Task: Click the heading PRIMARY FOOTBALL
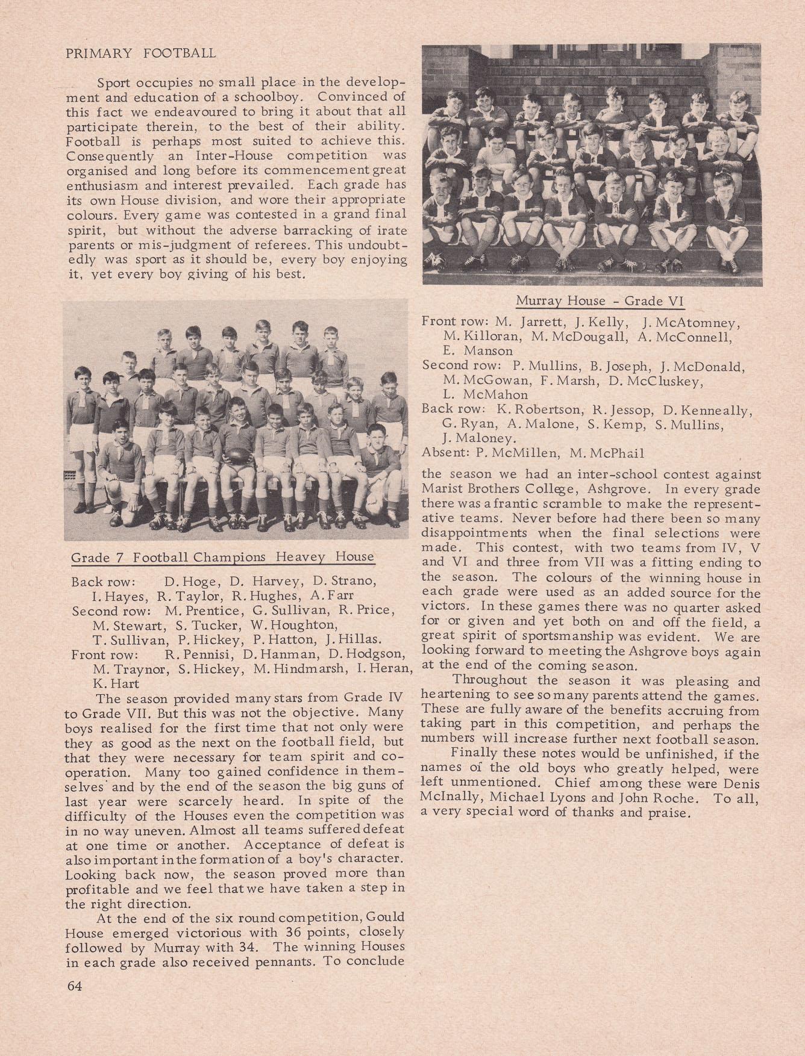[140, 53]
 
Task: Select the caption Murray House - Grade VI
[600, 301]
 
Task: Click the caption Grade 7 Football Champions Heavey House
[222, 557]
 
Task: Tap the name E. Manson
[478, 351]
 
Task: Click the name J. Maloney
[478, 439]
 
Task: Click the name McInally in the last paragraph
[448, 798]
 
